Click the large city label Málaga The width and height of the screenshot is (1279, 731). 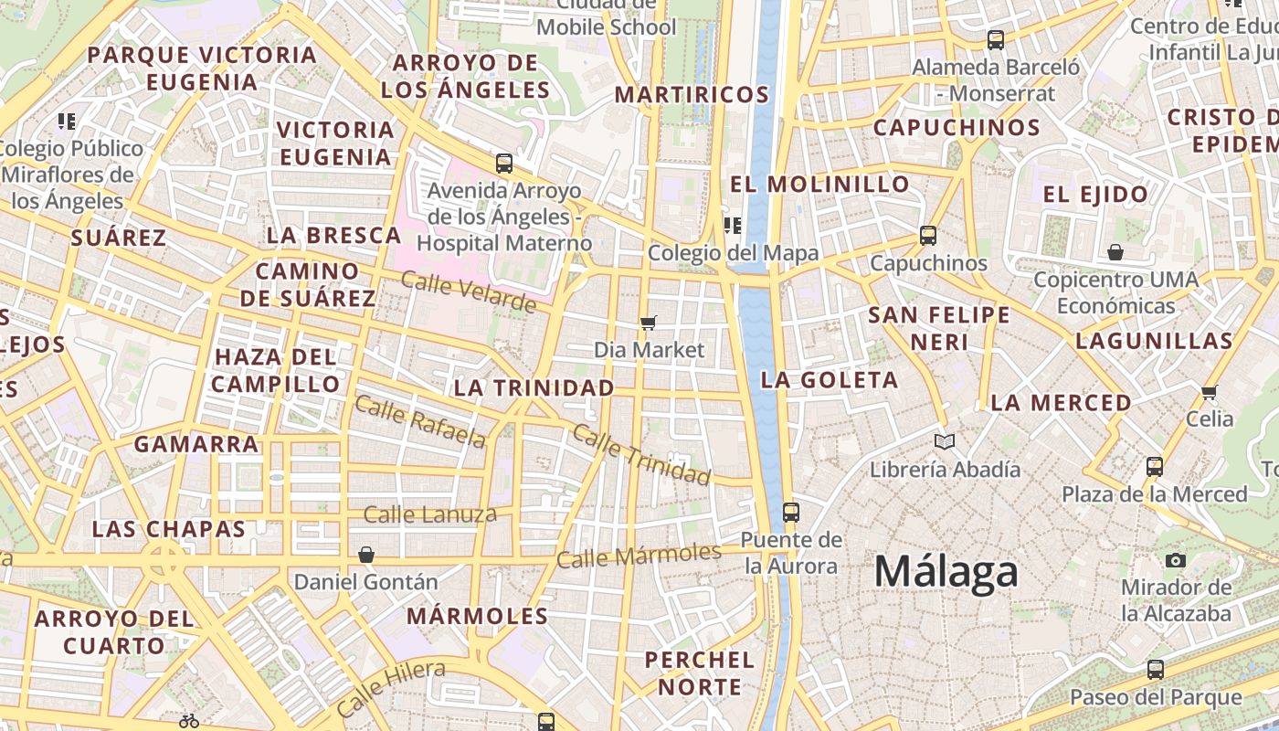click(946, 572)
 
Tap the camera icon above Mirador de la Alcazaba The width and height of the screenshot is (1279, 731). click(1176, 560)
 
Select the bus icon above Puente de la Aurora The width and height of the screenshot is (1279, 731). click(791, 512)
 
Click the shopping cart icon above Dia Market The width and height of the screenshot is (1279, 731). click(649, 322)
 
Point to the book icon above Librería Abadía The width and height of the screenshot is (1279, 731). click(945, 442)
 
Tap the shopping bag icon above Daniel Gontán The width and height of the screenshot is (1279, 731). click(365, 555)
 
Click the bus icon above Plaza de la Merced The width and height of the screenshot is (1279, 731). click(1155, 466)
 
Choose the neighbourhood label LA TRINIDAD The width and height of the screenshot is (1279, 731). click(534, 387)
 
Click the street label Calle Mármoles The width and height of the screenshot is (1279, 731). click(639, 555)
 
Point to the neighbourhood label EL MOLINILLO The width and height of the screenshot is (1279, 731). click(820, 184)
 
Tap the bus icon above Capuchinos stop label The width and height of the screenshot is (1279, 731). click(928, 236)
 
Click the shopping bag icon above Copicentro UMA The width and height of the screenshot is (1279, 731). click(1115, 252)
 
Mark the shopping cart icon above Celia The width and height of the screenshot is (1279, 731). click(1210, 392)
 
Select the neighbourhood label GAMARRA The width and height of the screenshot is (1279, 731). click(196, 444)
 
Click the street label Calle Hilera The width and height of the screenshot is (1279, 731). click(390, 687)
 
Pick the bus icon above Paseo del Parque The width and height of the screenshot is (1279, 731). click(1156, 669)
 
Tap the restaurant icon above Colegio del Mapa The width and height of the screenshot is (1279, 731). click(731, 225)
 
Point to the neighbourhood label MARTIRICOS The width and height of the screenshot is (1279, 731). click(692, 94)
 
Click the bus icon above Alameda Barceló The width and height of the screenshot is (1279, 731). click(996, 40)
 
